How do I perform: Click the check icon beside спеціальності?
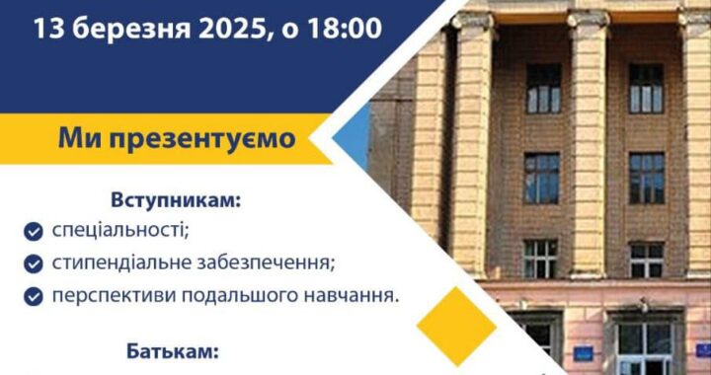click(x=35, y=232)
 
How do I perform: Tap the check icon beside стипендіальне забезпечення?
click(x=35, y=263)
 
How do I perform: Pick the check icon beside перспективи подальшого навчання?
click(x=35, y=295)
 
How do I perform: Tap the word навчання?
click(x=355, y=295)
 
